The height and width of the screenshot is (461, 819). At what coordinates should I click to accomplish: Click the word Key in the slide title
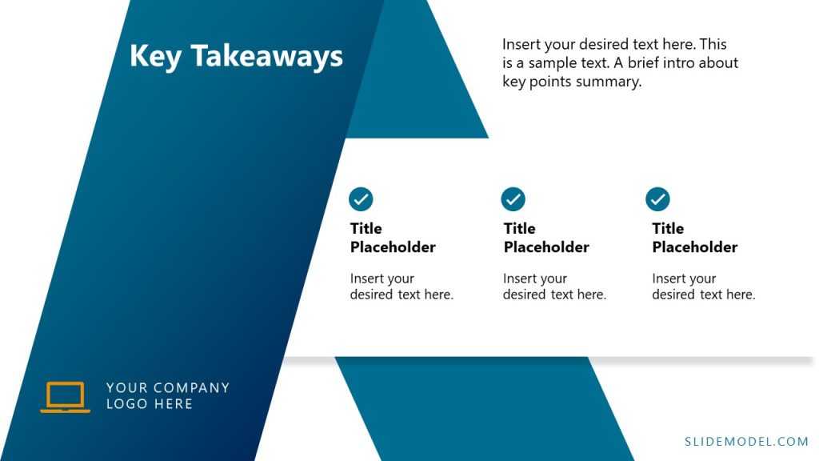[x=155, y=57]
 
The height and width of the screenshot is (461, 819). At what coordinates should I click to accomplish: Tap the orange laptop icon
[x=65, y=397]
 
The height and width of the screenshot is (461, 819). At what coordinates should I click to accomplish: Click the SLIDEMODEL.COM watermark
[x=747, y=441]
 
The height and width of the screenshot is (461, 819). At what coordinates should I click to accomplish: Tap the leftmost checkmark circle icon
[x=361, y=198]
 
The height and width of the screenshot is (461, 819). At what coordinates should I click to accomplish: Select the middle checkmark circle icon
[x=513, y=198]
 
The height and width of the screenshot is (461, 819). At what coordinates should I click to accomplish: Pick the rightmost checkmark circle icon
[x=657, y=198]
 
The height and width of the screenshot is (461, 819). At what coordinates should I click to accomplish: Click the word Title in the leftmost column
[x=366, y=229]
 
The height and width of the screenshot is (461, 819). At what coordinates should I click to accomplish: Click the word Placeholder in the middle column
[x=546, y=247]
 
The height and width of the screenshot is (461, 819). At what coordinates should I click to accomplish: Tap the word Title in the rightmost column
[x=668, y=229]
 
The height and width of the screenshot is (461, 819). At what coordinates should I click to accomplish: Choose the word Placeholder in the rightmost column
[x=695, y=247]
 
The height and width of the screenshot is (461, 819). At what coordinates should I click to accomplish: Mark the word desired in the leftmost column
[x=372, y=295]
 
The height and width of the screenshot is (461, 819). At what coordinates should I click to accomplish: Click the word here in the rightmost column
[x=739, y=295]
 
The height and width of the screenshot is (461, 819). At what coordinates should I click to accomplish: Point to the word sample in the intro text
[x=558, y=63]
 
